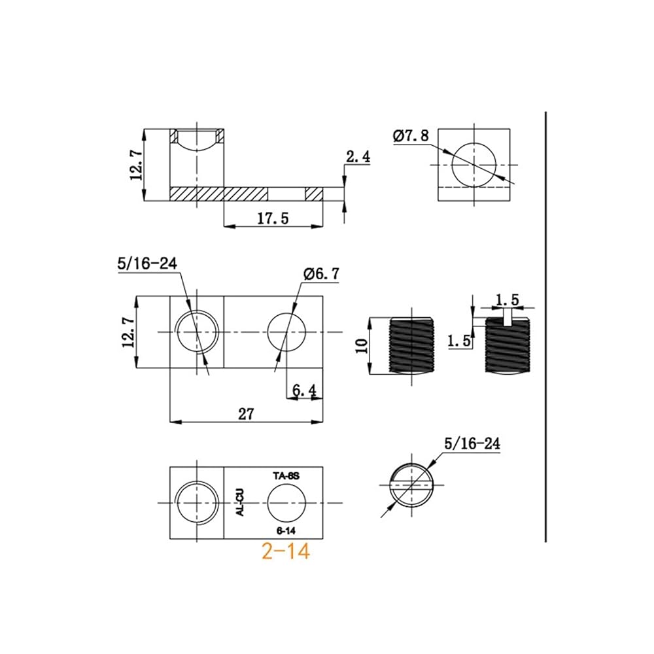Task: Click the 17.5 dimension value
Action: pyautogui.click(x=272, y=218)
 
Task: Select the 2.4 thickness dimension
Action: pyautogui.click(x=358, y=157)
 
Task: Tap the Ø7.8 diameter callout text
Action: pyautogui.click(x=411, y=135)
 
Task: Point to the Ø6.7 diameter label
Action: pyautogui.click(x=322, y=274)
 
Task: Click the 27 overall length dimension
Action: pyautogui.click(x=246, y=414)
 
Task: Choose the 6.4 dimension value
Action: pyautogui.click(x=304, y=390)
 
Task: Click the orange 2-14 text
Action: pyautogui.click(x=286, y=551)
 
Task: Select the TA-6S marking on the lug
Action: pyautogui.click(x=286, y=475)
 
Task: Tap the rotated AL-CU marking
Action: pyautogui.click(x=240, y=502)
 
